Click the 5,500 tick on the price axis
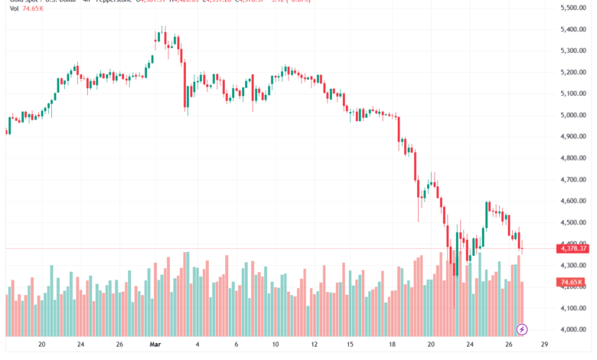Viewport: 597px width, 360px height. pyautogui.click(x=572, y=8)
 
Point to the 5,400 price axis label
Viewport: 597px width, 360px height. pyautogui.click(x=572, y=29)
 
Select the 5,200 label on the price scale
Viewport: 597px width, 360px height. pyautogui.click(x=572, y=72)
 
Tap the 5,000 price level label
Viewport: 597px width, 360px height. pyautogui.click(x=572, y=115)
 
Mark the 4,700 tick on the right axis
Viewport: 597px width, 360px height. pyautogui.click(x=572, y=179)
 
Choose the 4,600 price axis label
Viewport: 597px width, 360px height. pyautogui.click(x=572, y=201)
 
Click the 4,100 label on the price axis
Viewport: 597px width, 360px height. pyautogui.click(x=572, y=308)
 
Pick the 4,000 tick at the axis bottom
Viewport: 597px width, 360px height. pyautogui.click(x=572, y=329)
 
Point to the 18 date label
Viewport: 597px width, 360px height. pyautogui.click(x=392, y=345)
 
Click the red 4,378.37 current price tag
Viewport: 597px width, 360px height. pyautogui.click(x=573, y=248)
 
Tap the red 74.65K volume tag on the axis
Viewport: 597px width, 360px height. pyautogui.click(x=572, y=282)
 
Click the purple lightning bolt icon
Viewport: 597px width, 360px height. pyautogui.click(x=522, y=329)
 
